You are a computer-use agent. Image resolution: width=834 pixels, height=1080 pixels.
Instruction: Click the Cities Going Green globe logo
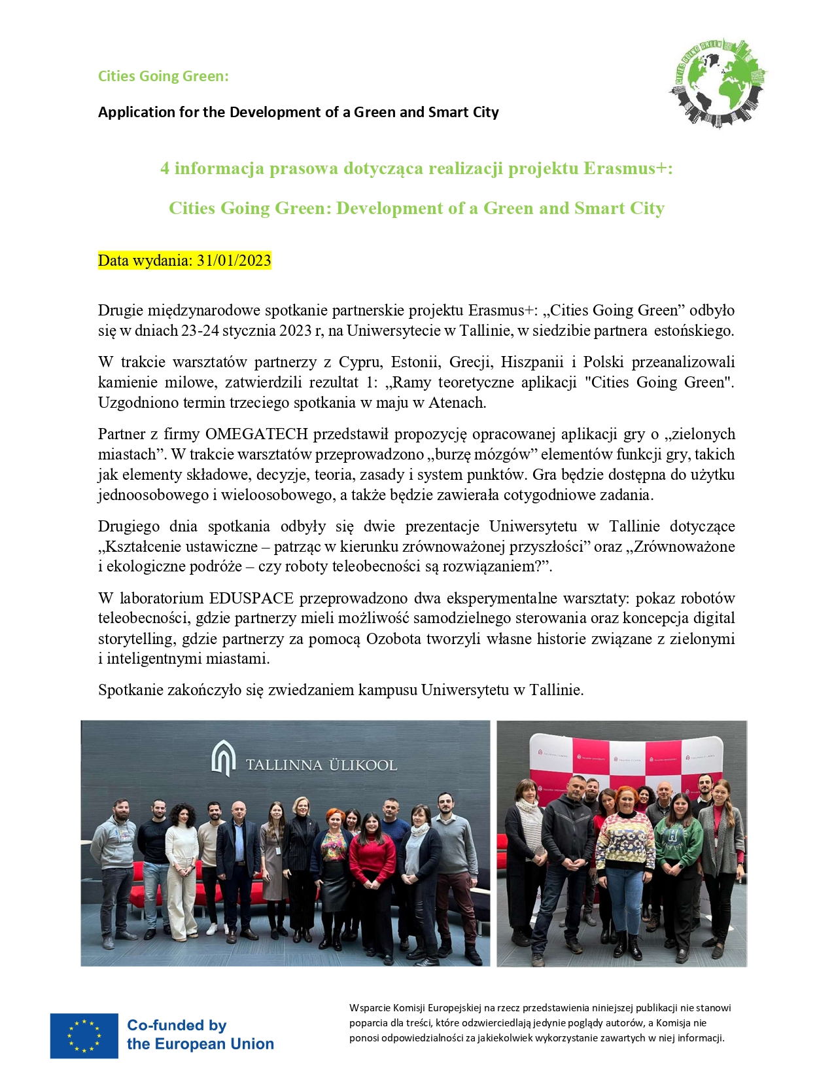tap(718, 82)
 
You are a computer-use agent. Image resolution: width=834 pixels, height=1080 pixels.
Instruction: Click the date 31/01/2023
tap(234, 261)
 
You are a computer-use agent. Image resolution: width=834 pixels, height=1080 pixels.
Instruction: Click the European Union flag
tap(84, 1035)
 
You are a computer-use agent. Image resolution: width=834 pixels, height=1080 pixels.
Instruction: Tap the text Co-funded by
tap(177, 1025)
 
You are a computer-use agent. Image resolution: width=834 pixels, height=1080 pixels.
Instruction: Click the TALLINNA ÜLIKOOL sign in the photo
tap(321, 765)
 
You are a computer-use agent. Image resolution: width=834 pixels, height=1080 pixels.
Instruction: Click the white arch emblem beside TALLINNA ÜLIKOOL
tap(223, 759)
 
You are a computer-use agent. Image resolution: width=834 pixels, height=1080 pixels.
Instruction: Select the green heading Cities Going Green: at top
tap(164, 76)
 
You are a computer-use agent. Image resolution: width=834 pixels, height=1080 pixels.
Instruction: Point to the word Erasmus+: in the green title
tap(628, 168)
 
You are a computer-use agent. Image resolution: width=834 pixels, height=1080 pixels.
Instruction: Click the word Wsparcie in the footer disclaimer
tap(370, 1008)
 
